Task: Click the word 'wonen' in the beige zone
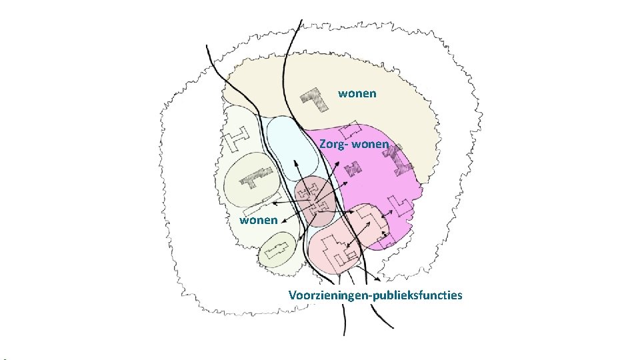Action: point(357,93)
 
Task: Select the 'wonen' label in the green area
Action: point(258,219)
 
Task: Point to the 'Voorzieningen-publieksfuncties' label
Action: point(375,295)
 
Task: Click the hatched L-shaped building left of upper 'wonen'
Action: point(315,99)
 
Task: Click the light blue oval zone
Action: point(291,150)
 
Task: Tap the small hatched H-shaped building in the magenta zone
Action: point(387,153)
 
